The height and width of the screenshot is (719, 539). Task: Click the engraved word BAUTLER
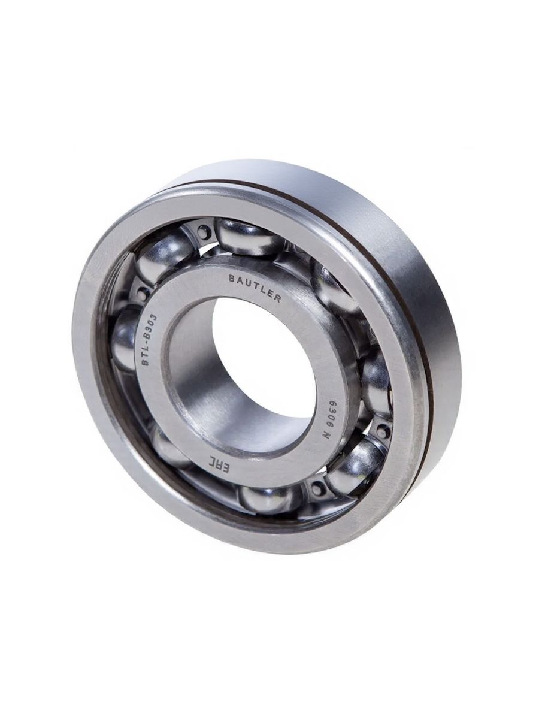255,288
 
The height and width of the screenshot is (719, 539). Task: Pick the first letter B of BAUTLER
231,279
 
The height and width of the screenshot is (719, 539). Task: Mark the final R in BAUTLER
277,299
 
